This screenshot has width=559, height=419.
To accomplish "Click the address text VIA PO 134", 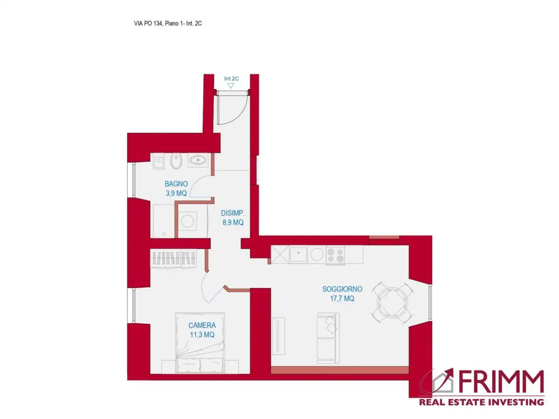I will click(148, 24).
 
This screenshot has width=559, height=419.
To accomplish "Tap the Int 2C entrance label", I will click(231, 79).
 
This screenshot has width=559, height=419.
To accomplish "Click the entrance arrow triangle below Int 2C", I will click(230, 86).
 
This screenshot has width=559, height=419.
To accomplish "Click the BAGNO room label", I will click(176, 184).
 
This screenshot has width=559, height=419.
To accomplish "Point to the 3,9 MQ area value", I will click(176, 194).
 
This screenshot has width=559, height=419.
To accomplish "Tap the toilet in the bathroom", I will click(176, 161).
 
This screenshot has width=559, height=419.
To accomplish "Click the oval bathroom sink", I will click(198, 160).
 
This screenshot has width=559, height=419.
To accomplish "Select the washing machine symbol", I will click(187, 221).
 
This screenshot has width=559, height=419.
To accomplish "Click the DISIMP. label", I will click(233, 213).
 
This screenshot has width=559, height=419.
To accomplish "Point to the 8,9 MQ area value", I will click(233, 223).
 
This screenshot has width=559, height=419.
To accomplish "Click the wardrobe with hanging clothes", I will click(174, 258).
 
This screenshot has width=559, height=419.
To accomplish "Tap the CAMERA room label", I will click(202, 326).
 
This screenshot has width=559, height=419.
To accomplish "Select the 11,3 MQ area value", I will click(202, 335).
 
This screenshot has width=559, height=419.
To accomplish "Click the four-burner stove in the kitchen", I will click(335, 255).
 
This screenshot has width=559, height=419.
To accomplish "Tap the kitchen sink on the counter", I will click(298, 254).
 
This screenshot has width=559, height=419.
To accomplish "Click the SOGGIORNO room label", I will click(342, 289).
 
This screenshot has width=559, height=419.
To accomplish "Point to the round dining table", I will click(392, 302).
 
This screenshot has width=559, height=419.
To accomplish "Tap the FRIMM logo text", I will click(501, 382).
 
